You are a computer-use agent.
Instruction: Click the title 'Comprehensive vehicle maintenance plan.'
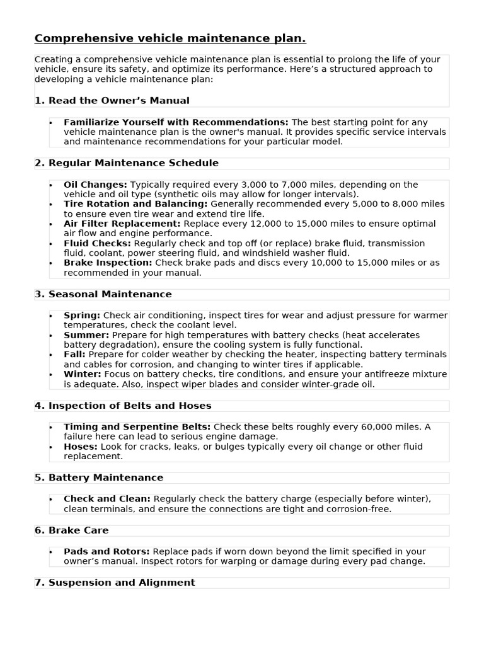click(170, 39)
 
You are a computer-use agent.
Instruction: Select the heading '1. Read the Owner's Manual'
click(112, 101)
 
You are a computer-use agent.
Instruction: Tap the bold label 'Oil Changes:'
click(95, 185)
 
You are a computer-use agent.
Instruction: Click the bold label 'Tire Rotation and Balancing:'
click(135, 204)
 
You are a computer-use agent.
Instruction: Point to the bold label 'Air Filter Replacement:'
click(122, 224)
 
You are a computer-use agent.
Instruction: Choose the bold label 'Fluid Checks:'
click(97, 243)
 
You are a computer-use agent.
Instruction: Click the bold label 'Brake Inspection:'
click(108, 263)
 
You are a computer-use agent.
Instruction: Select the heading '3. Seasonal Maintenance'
click(103, 294)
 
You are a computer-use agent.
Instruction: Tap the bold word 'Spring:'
click(82, 315)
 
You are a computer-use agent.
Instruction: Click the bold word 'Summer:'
click(86, 335)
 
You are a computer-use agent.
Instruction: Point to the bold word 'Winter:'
click(83, 374)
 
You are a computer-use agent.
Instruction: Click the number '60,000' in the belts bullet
click(377, 427)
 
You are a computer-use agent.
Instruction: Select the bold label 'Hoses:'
click(79, 447)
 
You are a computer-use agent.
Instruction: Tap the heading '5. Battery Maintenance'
click(99, 477)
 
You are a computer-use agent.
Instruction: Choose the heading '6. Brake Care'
click(72, 530)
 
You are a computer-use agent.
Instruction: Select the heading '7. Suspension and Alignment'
click(115, 583)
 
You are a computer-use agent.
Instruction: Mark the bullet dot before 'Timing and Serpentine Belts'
click(51, 428)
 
